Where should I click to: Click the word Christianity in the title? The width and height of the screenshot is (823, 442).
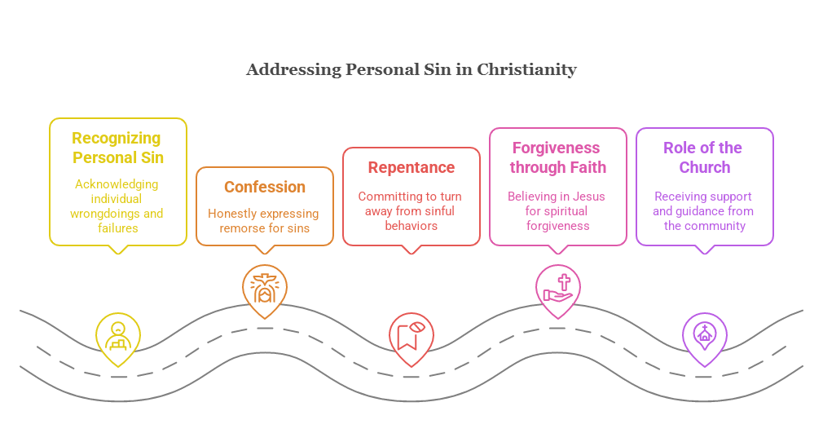[x=526, y=70]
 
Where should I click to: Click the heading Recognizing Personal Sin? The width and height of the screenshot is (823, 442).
[x=117, y=148]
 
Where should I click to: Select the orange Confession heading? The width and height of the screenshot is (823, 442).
[x=265, y=187]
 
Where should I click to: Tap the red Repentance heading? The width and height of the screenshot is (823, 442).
[x=411, y=168]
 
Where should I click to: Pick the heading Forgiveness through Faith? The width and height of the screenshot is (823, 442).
[x=557, y=157]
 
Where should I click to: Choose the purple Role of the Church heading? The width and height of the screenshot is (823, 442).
[x=703, y=157]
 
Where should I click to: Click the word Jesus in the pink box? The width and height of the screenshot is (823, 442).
[x=588, y=197]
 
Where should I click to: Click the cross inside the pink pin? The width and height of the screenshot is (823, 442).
[x=564, y=282]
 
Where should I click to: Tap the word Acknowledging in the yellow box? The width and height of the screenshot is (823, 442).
[x=117, y=184]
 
